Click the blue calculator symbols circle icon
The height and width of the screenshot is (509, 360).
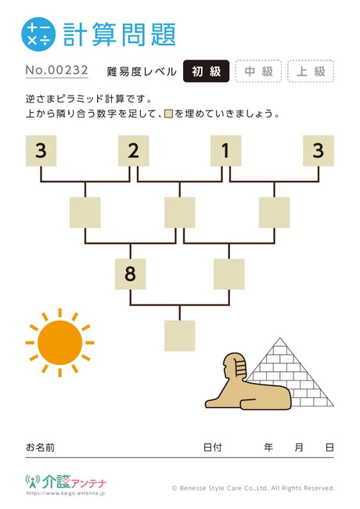coord(38,34)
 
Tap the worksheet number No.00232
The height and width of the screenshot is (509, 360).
coord(57,70)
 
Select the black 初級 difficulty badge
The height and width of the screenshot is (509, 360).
coord(207,71)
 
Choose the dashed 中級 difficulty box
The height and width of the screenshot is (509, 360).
coord(258,71)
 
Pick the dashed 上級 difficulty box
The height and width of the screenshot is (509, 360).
coord(311,71)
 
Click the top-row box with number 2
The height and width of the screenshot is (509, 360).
coord(133,151)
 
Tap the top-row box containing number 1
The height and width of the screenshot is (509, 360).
coord(225,151)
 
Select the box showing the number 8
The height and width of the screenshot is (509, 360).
coord(131,274)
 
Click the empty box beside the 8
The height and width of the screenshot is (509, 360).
coord(229,274)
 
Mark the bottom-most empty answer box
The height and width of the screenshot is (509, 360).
coord(180,336)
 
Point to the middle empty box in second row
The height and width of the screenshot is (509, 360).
coord(180,212)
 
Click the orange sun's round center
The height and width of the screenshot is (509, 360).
coord(60,343)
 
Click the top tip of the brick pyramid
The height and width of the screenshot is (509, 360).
coord(280,338)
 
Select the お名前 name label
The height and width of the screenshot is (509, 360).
coord(40,447)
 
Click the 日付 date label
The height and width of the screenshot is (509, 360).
coord(213,447)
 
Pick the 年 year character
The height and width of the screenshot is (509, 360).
coord(268,447)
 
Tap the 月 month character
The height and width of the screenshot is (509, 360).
coord(299,447)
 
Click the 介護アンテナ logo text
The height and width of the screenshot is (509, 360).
coord(74,482)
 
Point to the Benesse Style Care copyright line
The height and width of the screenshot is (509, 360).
coord(254,488)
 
